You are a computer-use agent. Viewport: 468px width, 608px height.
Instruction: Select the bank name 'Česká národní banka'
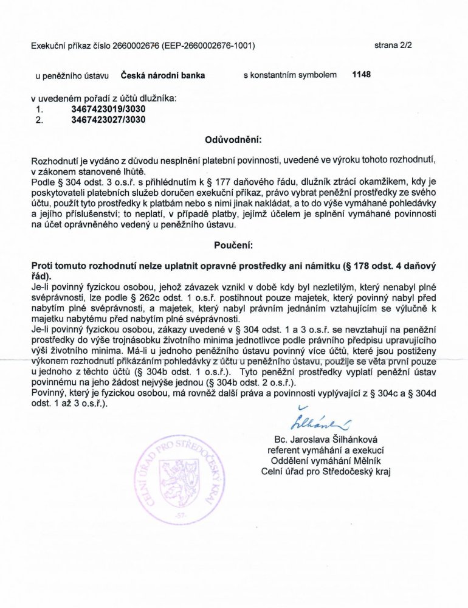[x=163, y=75]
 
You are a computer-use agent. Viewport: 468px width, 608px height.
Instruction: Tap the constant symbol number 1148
[x=361, y=75]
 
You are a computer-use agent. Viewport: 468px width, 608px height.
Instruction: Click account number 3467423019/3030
[x=109, y=109]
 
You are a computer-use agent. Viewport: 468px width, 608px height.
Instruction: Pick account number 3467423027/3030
[x=109, y=120]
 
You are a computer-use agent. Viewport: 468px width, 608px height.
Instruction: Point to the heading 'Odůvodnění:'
[x=233, y=140]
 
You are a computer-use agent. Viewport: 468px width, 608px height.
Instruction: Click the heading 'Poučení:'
[x=233, y=246]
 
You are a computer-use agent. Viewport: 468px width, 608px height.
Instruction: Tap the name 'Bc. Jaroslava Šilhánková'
[x=326, y=440]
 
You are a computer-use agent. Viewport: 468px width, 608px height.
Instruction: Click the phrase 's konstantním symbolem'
[x=290, y=75]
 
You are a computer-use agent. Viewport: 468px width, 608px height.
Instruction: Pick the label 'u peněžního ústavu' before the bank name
[x=72, y=75]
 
